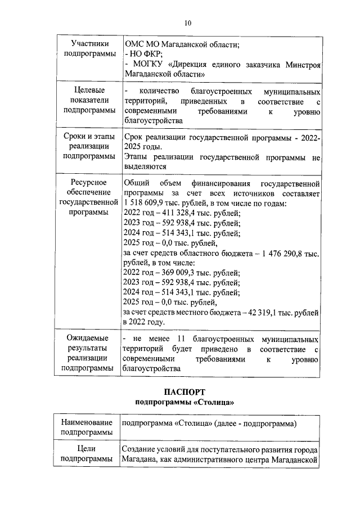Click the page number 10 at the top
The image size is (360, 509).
pos(188,22)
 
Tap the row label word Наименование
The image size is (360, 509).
pos(86,422)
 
